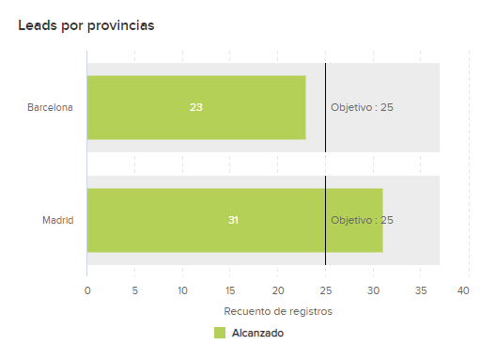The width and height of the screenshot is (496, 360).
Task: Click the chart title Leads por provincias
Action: click(85, 25)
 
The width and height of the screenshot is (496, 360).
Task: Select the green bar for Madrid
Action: click(160, 220)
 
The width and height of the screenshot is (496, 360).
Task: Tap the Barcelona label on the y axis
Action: click(50, 107)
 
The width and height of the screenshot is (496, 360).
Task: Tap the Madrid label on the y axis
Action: click(58, 220)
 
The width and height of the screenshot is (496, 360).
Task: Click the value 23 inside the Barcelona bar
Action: click(195, 107)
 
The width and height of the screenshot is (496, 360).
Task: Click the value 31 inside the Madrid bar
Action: click(233, 220)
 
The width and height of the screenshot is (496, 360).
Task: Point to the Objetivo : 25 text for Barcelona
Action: click(362, 107)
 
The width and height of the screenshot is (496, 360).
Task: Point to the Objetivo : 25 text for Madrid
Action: click(362, 220)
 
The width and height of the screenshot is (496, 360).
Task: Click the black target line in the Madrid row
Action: click(325, 244)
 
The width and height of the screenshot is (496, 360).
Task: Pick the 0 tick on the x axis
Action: click(87, 291)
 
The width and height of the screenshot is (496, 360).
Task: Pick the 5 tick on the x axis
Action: click(134, 291)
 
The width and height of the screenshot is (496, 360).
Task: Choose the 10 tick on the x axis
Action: click(182, 291)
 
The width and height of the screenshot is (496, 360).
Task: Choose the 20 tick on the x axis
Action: click(277, 291)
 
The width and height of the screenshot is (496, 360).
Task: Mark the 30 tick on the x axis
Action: click(373, 291)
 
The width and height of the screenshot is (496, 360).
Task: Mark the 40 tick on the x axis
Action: click(463, 291)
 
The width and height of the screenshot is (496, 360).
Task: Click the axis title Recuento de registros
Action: click(278, 311)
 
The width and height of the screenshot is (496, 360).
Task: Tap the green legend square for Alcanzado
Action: click(220, 333)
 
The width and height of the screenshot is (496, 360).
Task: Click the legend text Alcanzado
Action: click(257, 333)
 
